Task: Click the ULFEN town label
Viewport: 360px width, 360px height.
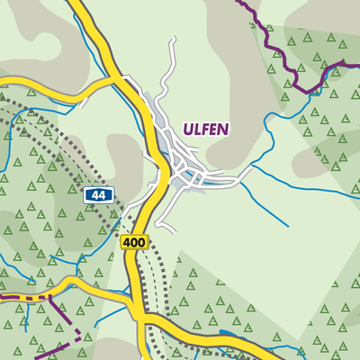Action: (206, 129)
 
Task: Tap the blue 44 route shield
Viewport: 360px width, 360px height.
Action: (97, 194)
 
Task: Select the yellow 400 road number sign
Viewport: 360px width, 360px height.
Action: (133, 242)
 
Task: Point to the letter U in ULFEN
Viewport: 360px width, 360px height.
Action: (186, 129)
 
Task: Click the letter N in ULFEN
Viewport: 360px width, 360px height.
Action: (225, 129)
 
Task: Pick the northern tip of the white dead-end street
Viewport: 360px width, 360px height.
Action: (170, 40)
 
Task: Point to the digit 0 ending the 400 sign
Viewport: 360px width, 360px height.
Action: (141, 242)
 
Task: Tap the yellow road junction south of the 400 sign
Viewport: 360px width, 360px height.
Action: (142, 317)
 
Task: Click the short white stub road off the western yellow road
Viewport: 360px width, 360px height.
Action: (82, 103)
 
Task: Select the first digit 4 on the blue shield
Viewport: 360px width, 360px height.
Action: (94, 194)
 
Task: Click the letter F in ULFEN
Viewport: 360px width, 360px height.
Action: (205, 129)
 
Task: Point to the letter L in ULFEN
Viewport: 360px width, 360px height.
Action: (196, 129)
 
